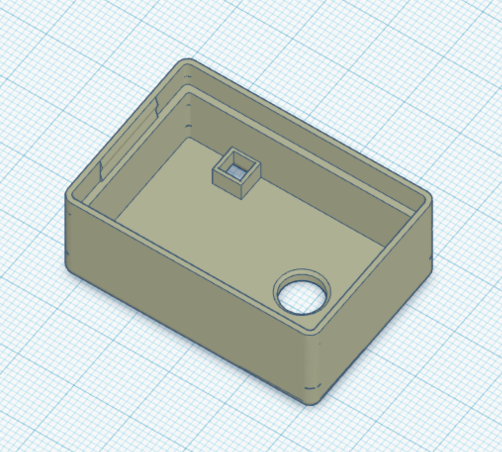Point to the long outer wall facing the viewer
183,297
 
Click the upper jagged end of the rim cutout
156,104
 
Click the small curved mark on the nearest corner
311,386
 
